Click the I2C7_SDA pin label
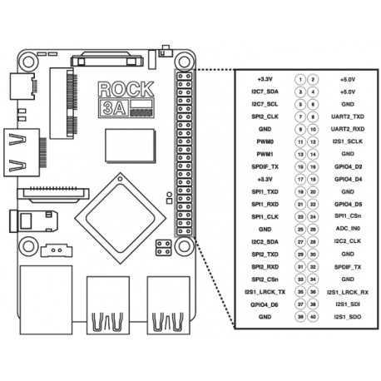[265, 92]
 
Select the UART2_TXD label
[349, 118]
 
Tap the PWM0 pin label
[265, 142]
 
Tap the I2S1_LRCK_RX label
[349, 292]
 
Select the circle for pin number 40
[314, 317]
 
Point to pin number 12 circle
[314, 142]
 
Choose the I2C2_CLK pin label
[349, 240]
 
